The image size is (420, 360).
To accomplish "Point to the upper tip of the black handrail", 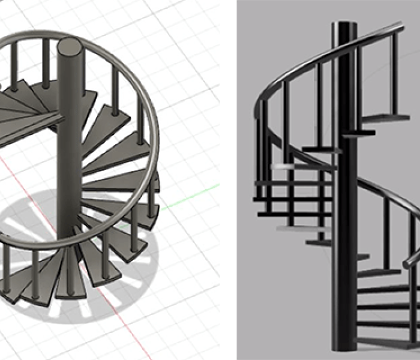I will point(399,27).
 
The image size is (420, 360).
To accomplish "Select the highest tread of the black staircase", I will point(384,118).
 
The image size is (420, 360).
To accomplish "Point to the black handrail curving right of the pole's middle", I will point(384,192).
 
